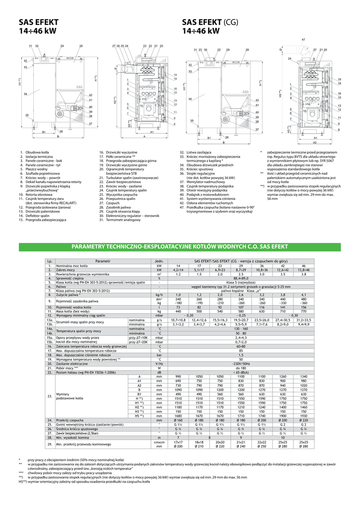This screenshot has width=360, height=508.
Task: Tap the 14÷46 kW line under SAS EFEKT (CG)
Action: click(201, 31)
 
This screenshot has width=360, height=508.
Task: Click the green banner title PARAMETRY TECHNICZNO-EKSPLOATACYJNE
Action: click(179, 247)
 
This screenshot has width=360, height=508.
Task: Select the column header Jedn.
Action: click(159, 261)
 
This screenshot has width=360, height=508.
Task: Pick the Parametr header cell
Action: click(103, 261)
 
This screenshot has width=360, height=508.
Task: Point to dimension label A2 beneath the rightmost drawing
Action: click(315, 142)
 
